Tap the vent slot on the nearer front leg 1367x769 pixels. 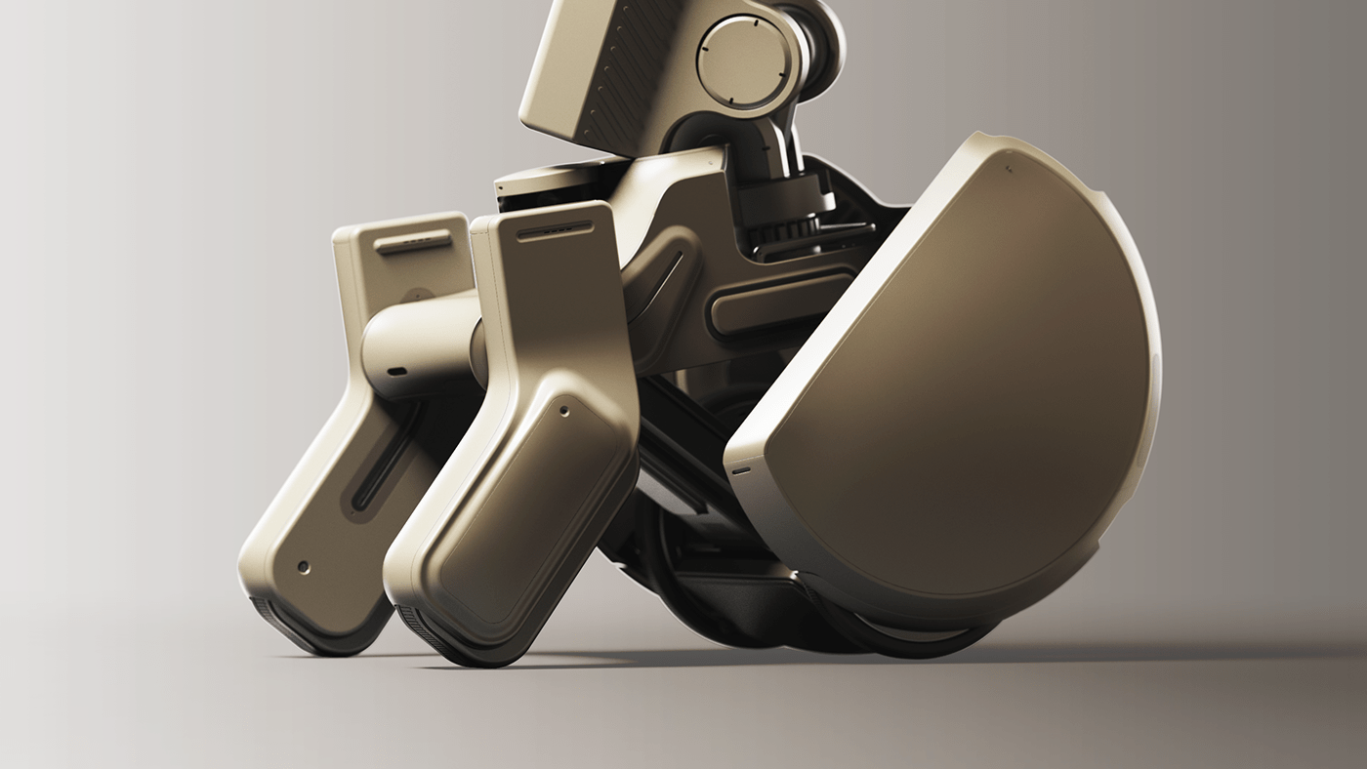[555, 232]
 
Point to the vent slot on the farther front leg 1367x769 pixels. [414, 241]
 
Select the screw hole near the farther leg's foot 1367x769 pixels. [303, 566]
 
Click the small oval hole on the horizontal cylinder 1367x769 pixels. [396, 372]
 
